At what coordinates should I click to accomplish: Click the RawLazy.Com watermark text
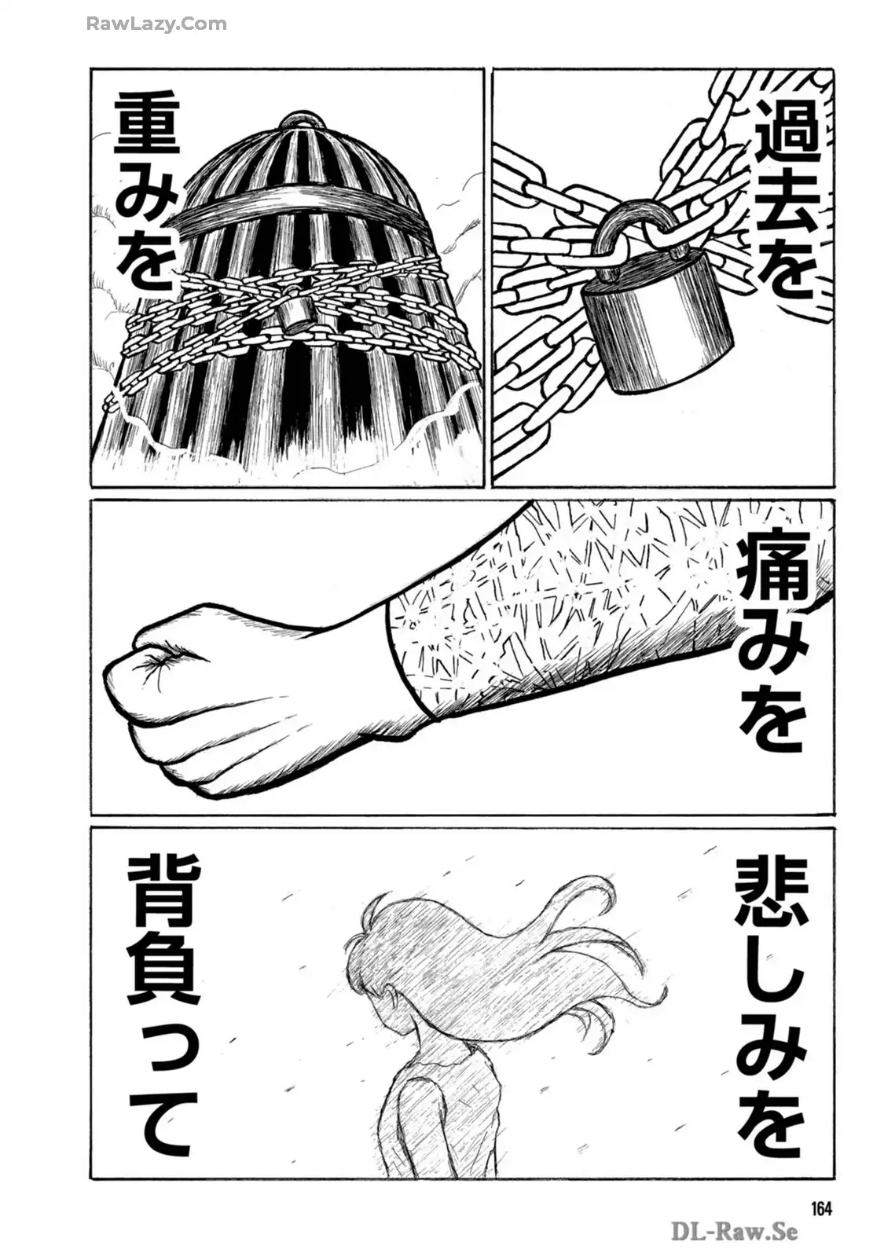[x=156, y=24]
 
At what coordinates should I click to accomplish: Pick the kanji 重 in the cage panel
[x=147, y=128]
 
